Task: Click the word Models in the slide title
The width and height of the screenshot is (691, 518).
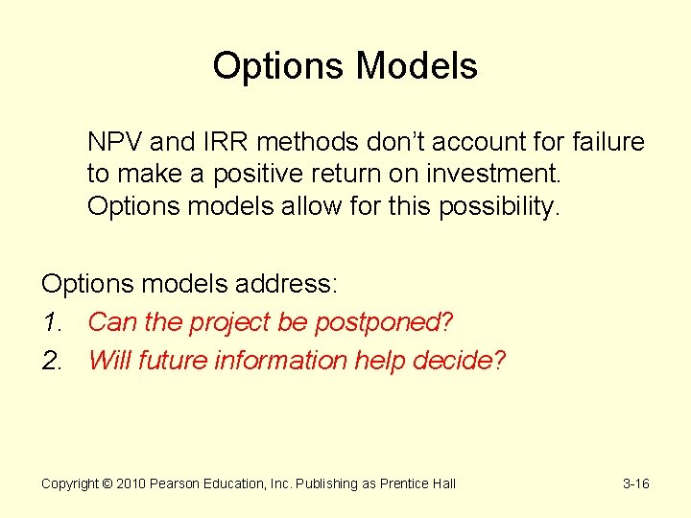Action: click(417, 66)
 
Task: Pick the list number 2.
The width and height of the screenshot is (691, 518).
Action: click(51, 361)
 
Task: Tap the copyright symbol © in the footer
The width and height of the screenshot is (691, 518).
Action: click(107, 484)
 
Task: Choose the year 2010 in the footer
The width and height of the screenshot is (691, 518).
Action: click(131, 484)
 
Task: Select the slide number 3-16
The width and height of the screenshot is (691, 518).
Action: click(635, 484)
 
